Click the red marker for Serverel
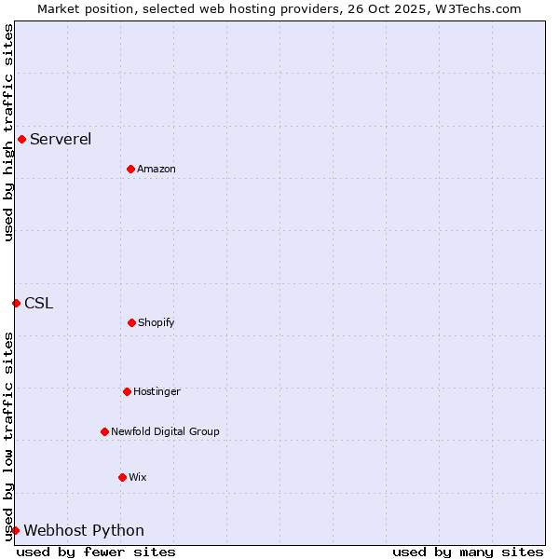(x=21, y=140)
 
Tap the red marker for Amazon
(x=130, y=169)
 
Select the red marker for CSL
(x=16, y=303)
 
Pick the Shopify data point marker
(x=131, y=322)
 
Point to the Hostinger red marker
(x=127, y=391)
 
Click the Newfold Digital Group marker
(x=104, y=431)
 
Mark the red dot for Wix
(x=122, y=477)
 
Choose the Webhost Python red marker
(x=15, y=530)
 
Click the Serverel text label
(x=61, y=140)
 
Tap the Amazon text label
(x=157, y=170)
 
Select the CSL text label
(x=39, y=303)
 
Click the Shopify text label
(x=157, y=323)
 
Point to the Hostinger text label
(x=157, y=392)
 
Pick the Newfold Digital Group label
(x=165, y=432)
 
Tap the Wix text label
(x=138, y=478)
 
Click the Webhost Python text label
(x=84, y=531)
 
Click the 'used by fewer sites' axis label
(x=96, y=552)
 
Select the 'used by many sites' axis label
(x=468, y=552)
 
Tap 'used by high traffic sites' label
(x=8, y=132)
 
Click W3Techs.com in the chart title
(x=478, y=8)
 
